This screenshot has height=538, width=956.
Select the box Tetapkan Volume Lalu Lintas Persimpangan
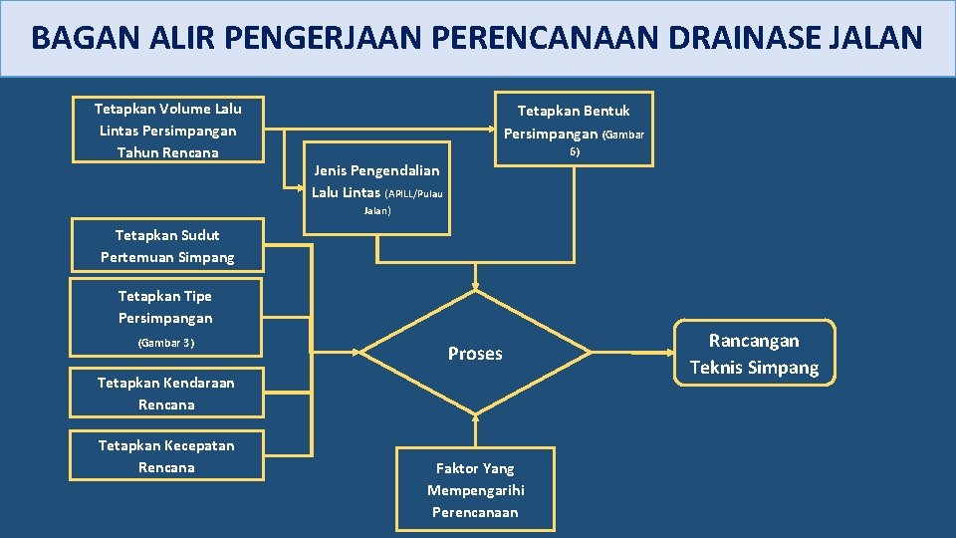point(167,130)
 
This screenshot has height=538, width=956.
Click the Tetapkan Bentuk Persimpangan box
point(573,130)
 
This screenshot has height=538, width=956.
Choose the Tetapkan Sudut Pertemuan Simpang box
point(167,246)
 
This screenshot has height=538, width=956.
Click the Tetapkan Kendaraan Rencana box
point(167,393)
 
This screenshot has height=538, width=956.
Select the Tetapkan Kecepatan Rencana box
point(167,455)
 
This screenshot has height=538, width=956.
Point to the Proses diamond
point(475,353)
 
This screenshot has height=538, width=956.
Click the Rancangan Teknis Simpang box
point(754,353)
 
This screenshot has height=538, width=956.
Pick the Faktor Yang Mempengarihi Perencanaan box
point(475,489)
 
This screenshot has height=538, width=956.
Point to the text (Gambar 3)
point(165,343)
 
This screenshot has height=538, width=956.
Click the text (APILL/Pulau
point(413,193)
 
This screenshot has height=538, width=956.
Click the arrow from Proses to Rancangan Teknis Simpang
point(632,352)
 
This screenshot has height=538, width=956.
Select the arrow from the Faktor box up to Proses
point(476,431)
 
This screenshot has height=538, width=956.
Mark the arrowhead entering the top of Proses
point(476,288)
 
